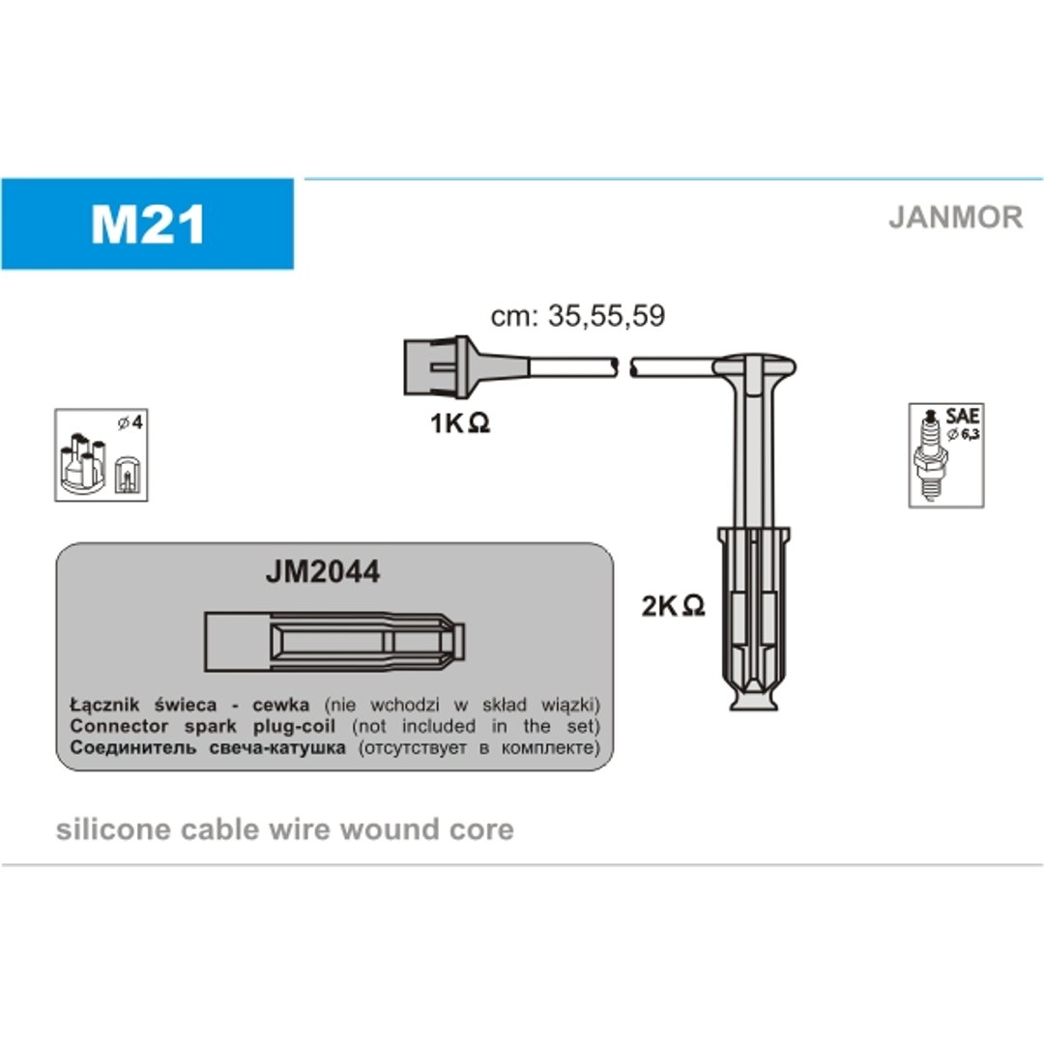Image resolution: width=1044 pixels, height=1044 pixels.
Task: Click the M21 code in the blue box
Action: point(148,224)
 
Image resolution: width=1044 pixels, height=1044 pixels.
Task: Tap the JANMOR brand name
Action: point(955,217)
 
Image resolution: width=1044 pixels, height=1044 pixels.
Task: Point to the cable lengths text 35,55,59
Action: point(606,315)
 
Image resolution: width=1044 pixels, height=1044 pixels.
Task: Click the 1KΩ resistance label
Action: point(460,422)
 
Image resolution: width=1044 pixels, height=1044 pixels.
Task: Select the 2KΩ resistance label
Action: point(673,605)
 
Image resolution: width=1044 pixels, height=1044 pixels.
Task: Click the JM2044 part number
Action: point(322,571)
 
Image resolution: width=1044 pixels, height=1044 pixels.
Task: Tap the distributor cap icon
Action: point(83,463)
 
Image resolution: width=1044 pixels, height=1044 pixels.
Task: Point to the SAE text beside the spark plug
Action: point(962,416)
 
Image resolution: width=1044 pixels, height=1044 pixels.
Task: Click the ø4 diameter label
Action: point(130,422)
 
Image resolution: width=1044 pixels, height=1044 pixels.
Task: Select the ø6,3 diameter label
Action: point(964,435)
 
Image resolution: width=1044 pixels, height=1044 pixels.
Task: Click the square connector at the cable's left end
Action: point(430,367)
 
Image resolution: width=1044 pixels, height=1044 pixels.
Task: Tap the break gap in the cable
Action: point(623,367)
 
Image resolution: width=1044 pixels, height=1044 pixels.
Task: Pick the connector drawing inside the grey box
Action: point(334,641)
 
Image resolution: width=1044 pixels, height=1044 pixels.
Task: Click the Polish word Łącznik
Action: point(104,705)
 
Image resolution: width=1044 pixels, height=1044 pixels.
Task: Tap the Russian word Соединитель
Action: point(133,747)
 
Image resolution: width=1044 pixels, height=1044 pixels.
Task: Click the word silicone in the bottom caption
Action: point(114,829)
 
